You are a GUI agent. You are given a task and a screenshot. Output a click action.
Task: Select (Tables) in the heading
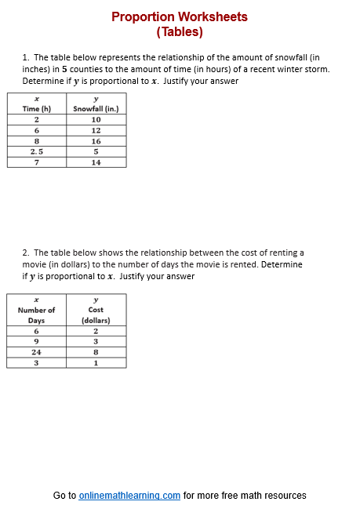click(180, 32)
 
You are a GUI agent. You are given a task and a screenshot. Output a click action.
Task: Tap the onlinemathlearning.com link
click(129, 496)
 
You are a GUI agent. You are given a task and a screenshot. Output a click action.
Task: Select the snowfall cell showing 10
click(96, 119)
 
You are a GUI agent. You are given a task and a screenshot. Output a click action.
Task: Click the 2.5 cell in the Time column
click(37, 151)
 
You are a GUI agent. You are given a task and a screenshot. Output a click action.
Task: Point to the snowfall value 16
click(96, 141)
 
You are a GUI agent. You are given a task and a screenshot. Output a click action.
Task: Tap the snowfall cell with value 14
click(96, 162)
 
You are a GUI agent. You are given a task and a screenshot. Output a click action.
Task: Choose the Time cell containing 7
click(37, 162)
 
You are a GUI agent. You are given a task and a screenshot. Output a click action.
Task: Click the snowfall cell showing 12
click(96, 130)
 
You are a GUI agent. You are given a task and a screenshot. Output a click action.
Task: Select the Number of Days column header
click(37, 315)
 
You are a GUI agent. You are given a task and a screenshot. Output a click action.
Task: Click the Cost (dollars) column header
click(96, 315)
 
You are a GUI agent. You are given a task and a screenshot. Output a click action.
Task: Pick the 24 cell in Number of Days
click(37, 352)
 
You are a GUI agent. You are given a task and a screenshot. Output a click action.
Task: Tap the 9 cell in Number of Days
click(37, 342)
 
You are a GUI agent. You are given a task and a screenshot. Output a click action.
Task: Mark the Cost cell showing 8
click(96, 352)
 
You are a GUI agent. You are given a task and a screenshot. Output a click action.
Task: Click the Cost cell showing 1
click(96, 363)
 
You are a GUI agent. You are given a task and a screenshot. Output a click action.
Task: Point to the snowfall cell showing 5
click(96, 151)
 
